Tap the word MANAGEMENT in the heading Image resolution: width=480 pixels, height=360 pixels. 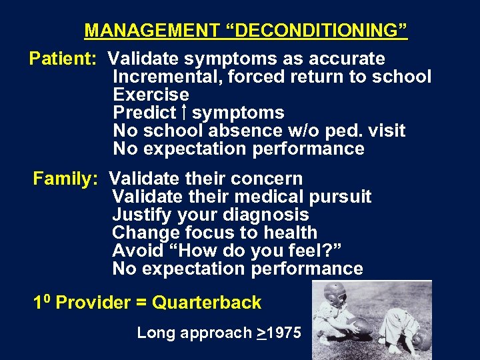(x=151, y=31)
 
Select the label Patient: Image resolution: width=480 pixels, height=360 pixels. (x=63, y=59)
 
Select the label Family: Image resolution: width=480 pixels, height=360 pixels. (x=66, y=179)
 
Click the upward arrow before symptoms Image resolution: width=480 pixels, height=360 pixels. (x=183, y=112)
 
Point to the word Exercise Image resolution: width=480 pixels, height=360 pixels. (x=151, y=95)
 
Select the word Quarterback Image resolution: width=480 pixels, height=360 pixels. (x=207, y=303)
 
